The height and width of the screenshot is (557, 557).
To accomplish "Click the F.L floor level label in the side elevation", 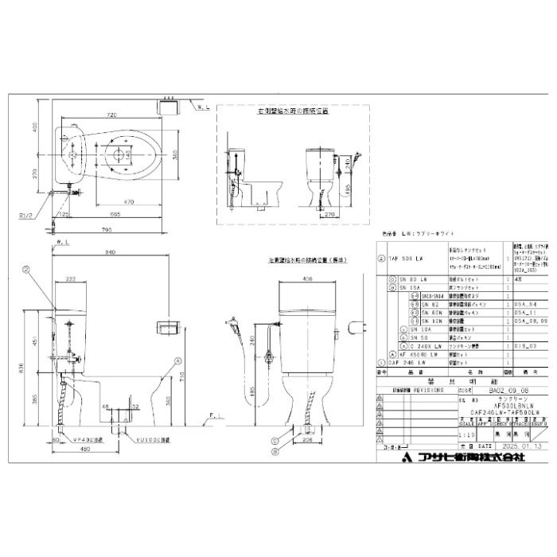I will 215,415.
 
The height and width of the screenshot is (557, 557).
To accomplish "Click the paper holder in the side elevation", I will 166,326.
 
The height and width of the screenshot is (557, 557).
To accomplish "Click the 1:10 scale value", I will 470,436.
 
